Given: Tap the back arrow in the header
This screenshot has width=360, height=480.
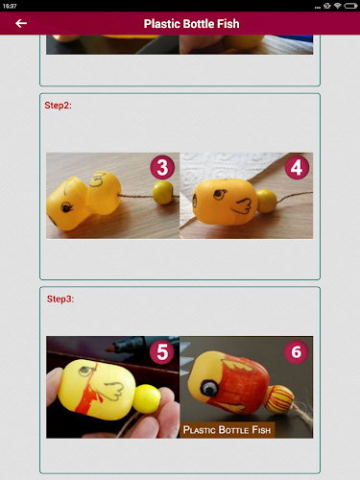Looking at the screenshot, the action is coord(21,23).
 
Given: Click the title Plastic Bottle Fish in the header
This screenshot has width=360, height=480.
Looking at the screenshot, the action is coord(191,24).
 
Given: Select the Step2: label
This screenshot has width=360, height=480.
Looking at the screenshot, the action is coord(59,106).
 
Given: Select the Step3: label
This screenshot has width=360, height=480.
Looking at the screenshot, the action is coord(60,299).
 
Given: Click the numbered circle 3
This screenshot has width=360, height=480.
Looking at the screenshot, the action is coord(162,167).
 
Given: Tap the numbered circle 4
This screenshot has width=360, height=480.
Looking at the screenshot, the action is coord(297,167).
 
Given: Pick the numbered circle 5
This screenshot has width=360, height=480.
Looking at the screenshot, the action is coord(162,352).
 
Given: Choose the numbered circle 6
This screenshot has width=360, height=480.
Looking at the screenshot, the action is coord(297,352).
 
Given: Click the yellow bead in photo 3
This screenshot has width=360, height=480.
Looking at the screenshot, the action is coord(163,192).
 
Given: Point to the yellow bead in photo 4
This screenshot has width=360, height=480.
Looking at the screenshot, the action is coord(267,201).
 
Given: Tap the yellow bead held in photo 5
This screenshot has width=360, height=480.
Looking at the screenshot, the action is coord(148,398).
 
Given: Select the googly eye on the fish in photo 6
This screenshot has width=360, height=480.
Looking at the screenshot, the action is coord(208,388).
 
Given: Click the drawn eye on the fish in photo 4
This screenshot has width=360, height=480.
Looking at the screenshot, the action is coord(220,194).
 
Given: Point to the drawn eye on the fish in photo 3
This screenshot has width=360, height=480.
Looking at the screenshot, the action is coord(66,207).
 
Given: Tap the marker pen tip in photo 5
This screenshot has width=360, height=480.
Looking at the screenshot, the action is coord(109,348).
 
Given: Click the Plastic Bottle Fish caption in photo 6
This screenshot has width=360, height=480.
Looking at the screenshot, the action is coord(227,430).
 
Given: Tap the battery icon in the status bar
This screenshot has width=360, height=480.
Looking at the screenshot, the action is coord(350,6).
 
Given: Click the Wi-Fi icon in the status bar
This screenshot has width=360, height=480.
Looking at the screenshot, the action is coord(337,6).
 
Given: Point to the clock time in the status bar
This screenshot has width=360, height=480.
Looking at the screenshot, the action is coord(10,6).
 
